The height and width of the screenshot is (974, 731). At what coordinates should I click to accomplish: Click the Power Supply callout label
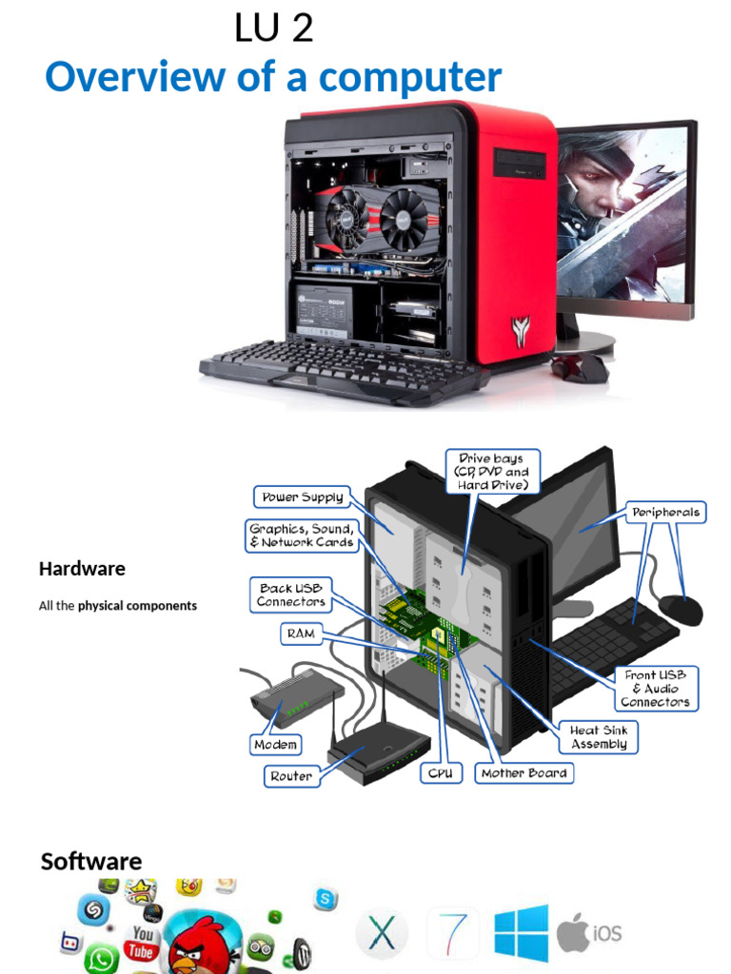pos(303,497)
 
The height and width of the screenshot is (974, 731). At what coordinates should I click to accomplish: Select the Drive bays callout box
pos(492,472)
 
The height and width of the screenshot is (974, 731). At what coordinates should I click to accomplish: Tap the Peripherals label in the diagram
pos(665,512)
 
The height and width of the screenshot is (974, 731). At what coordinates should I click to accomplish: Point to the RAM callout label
pos(300,633)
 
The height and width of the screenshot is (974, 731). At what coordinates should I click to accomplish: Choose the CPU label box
pos(441,773)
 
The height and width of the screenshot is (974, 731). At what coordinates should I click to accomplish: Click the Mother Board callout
pos(524,773)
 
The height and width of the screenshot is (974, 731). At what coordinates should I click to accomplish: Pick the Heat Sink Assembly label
pos(598,737)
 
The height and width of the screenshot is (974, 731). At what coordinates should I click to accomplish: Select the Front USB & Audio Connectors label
pos(655,688)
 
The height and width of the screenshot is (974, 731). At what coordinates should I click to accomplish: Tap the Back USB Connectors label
pos(290,594)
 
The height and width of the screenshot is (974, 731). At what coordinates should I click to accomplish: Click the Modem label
pos(276,745)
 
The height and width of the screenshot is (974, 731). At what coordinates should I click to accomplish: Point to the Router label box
pos(290,776)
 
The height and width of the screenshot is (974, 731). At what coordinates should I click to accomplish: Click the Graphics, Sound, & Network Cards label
pos(302,536)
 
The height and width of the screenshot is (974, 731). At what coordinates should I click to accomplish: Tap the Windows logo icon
pos(521,932)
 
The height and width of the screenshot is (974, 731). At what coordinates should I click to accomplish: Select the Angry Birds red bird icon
pos(201,942)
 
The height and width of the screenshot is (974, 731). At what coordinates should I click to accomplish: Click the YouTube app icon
pos(142,943)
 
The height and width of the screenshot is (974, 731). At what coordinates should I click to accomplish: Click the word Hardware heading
pos(82,569)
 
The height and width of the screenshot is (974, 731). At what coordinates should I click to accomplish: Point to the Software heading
pos(91,861)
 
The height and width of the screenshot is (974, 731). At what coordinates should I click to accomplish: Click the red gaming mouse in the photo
pos(581,367)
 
